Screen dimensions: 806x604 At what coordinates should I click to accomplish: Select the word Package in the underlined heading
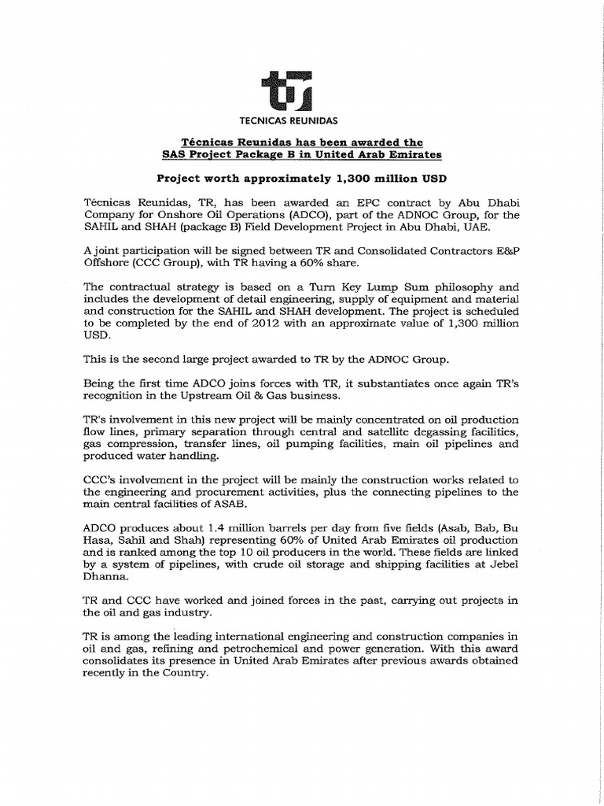[273, 154]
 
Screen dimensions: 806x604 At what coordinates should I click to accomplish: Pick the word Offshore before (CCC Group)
[108, 263]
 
